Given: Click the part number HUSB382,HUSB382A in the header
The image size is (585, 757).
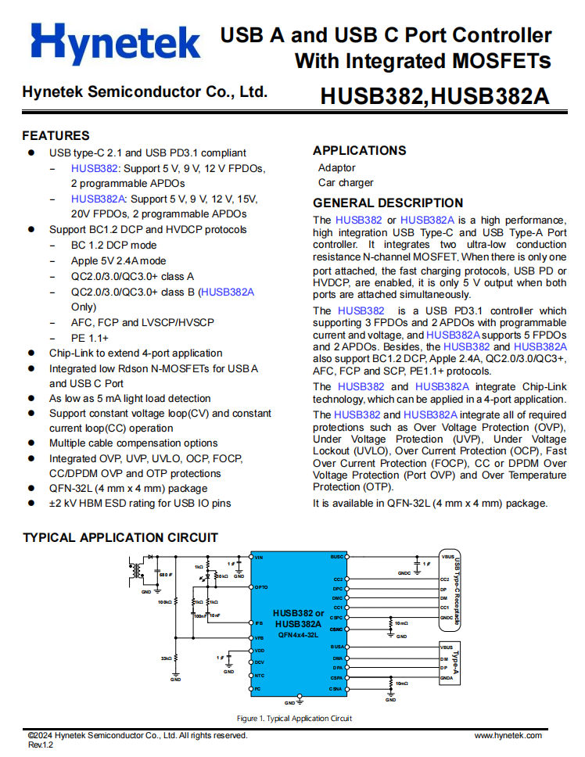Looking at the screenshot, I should [x=434, y=96].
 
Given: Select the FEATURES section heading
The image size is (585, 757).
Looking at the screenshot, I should [x=56, y=135].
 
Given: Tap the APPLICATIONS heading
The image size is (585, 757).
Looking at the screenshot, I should [x=359, y=150].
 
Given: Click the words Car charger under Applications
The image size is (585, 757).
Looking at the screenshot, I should [x=346, y=183].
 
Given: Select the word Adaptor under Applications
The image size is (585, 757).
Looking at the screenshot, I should [x=336, y=167].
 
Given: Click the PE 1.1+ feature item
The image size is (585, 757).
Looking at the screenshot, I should [x=89, y=338].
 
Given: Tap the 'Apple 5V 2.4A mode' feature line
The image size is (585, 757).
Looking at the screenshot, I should [x=118, y=260].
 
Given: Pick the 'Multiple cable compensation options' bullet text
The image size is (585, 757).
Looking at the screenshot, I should [x=134, y=443].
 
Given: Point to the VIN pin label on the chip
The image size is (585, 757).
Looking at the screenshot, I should [x=260, y=557].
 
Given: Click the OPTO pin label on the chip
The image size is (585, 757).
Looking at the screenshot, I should [x=261, y=587].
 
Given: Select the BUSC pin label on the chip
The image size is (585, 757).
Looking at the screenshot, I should [x=337, y=557].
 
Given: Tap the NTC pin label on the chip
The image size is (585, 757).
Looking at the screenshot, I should [x=260, y=675].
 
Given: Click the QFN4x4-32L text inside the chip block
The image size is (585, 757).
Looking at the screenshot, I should [x=299, y=636].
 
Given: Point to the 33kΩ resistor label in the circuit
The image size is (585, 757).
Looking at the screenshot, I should [x=165, y=659].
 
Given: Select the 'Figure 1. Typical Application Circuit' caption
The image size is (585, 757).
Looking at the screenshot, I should [x=294, y=718].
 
